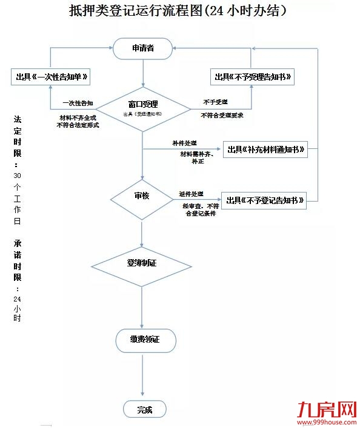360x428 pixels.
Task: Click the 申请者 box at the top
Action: pyautogui.click(x=142, y=48)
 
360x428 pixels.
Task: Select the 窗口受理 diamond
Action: pyautogui.click(x=142, y=107)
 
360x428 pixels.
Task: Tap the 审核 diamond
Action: pyautogui.click(x=141, y=197)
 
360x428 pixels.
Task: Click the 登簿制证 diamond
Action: pyautogui.click(x=141, y=263)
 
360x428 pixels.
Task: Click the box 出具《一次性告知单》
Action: pyautogui.click(x=53, y=77)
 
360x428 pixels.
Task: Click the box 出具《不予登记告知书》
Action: pyautogui.click(x=264, y=200)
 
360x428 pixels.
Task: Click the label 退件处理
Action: pyautogui.click(x=191, y=194)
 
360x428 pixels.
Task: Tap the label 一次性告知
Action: pyautogui.click(x=78, y=103)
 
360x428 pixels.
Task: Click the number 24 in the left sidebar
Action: pyautogui.click(x=17, y=299)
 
